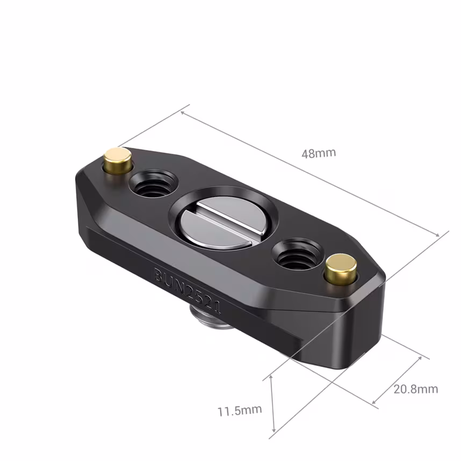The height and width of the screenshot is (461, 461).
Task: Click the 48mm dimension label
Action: [x=319, y=153]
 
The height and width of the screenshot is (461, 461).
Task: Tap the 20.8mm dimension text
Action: [x=415, y=389]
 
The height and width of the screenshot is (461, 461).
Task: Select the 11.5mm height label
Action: [x=240, y=411]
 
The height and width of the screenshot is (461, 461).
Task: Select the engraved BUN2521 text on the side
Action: [x=188, y=290]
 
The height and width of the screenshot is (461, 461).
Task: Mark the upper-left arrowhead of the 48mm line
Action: [x=183, y=112]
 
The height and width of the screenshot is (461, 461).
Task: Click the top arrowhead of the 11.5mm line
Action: [x=272, y=377]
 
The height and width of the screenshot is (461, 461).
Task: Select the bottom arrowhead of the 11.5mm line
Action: [x=275, y=429]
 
